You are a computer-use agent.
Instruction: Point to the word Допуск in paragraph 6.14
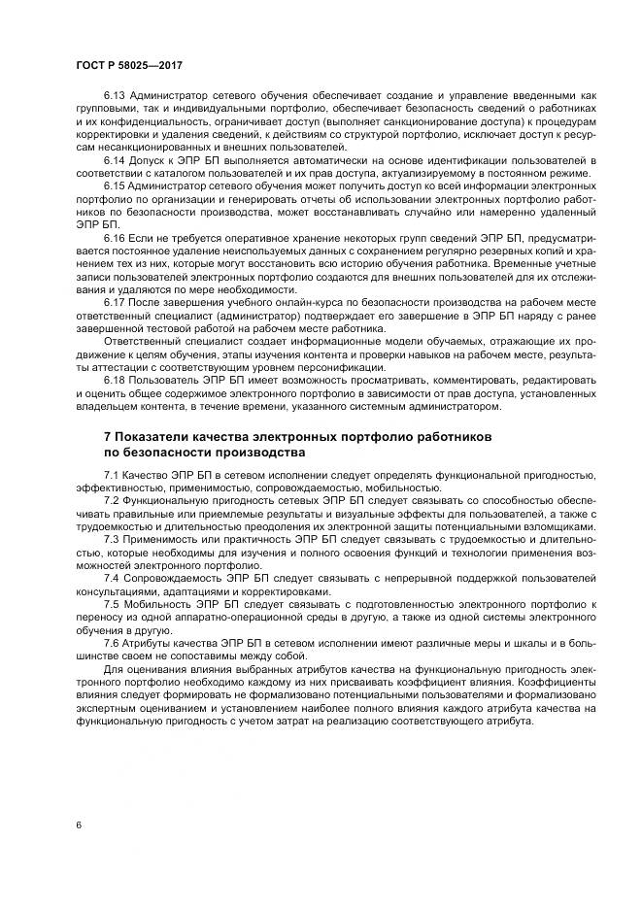pyautogui.click(x=147, y=159)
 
